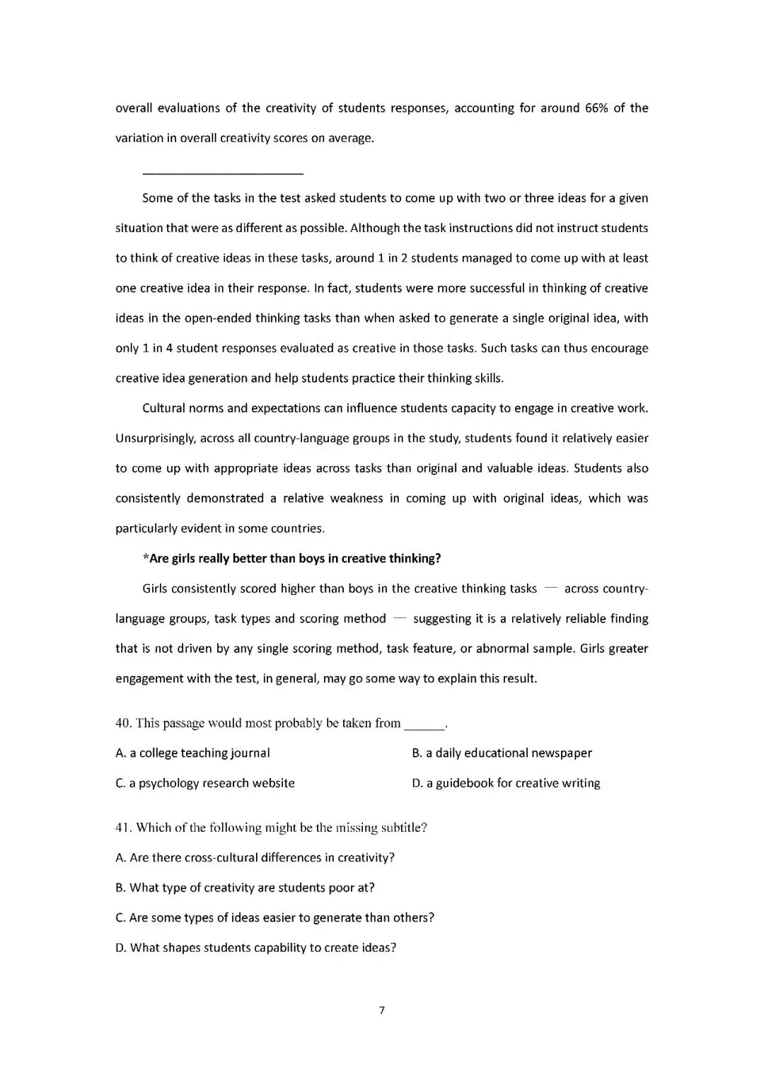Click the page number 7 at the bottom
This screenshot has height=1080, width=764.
click(x=382, y=1010)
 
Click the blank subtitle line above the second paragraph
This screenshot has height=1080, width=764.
click(x=223, y=173)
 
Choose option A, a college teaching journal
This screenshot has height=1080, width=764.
click(x=192, y=753)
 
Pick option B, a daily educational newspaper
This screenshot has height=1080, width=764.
click(x=502, y=753)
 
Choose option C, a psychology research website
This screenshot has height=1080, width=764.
click(x=204, y=783)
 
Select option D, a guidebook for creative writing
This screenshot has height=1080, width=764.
click(x=506, y=783)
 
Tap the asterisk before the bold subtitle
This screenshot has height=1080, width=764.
click(x=146, y=558)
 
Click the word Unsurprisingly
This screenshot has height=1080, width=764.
click(x=155, y=439)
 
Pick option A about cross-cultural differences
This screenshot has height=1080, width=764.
click(x=255, y=858)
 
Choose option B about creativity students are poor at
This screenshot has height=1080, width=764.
click(x=245, y=888)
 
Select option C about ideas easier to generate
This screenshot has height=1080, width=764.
click(x=274, y=918)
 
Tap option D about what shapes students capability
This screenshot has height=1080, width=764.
click(x=255, y=948)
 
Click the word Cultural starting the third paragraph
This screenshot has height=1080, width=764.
click(x=163, y=408)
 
